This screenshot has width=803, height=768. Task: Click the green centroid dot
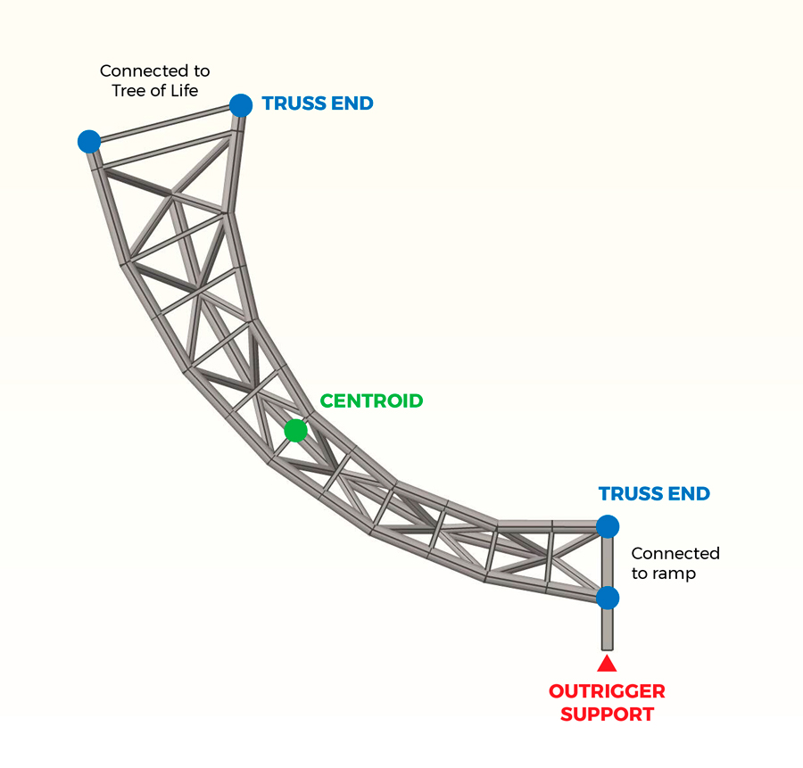(x=295, y=431)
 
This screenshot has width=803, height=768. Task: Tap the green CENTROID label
(x=371, y=401)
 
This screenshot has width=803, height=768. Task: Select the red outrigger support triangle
(x=607, y=663)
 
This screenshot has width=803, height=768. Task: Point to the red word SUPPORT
(x=607, y=714)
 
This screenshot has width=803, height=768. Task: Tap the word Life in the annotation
(x=182, y=91)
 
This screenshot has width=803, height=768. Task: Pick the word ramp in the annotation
(x=674, y=574)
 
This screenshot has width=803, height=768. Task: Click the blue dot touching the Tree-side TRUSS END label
(x=241, y=105)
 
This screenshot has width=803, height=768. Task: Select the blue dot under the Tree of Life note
(x=88, y=141)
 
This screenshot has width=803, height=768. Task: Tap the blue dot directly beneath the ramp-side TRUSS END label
(x=608, y=525)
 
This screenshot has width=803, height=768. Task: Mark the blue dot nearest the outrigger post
(x=608, y=597)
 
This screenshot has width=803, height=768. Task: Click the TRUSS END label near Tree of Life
(x=318, y=104)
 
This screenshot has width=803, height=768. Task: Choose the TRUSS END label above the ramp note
(x=654, y=494)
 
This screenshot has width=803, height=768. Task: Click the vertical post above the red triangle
(x=608, y=629)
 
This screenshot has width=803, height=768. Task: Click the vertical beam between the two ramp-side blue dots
(x=608, y=561)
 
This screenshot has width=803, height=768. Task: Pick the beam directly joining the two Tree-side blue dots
(x=165, y=122)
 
